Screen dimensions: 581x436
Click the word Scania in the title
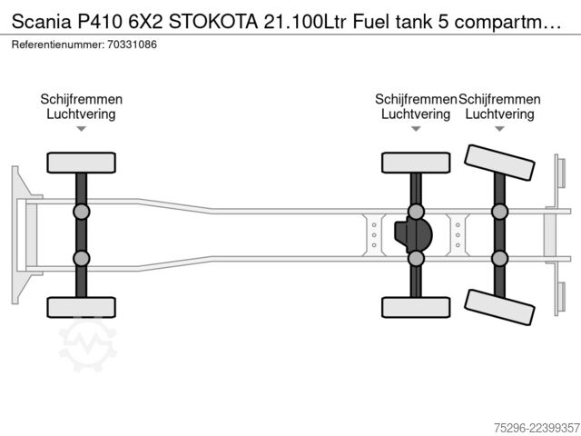point(41,22)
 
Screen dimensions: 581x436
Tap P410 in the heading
point(99,22)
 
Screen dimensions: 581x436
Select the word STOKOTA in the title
point(213,22)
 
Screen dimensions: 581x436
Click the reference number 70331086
point(132,45)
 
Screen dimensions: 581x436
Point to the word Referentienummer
point(58,45)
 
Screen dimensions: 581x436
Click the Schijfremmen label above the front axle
point(81,99)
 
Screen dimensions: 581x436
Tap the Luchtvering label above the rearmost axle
point(499,114)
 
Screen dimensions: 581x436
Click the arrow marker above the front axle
point(81,129)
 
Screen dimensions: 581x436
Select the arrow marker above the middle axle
point(416,129)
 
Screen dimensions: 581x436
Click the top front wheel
point(81,163)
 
